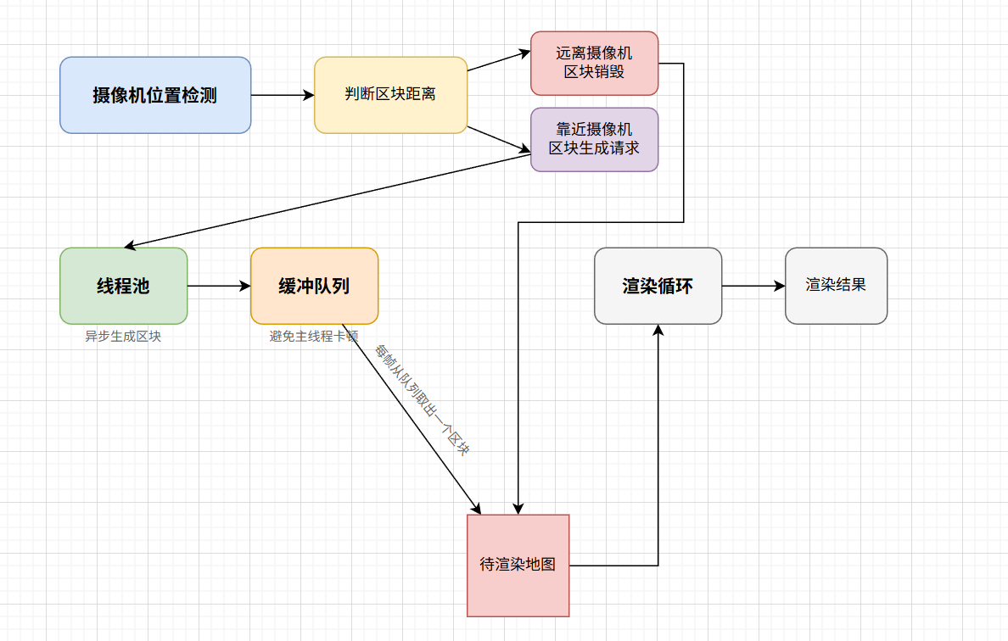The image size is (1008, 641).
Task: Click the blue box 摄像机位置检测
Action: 155,95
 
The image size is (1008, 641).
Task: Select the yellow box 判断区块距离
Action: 390,95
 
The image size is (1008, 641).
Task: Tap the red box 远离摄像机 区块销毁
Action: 594,63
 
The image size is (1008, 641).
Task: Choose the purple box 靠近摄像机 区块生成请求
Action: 594,139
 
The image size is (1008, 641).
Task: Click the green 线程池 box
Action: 123,286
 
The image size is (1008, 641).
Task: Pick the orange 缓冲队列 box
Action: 314,286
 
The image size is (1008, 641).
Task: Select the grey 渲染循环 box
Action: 658,286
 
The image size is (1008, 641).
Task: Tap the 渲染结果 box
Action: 836,286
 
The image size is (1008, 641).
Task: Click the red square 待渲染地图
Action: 518,565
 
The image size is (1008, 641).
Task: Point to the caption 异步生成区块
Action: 123,336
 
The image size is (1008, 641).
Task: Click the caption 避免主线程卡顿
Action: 314,336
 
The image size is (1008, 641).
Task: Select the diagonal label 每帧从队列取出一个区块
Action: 423,400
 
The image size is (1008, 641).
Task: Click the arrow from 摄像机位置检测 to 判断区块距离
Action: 282,95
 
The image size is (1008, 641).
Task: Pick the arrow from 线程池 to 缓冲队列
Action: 219,286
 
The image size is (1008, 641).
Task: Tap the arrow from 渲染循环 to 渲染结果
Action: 753,286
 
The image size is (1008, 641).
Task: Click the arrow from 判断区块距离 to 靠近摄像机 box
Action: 499,141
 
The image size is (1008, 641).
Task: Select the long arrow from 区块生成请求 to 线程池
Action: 327,202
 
